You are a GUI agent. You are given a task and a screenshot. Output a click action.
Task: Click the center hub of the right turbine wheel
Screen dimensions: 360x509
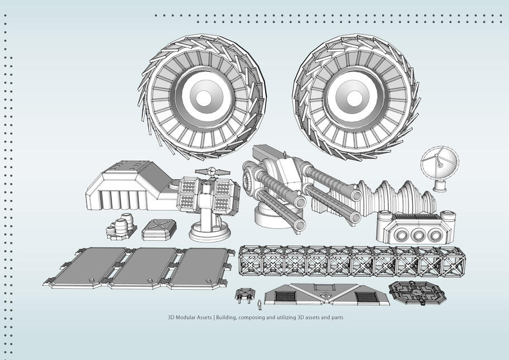(x=354, y=98)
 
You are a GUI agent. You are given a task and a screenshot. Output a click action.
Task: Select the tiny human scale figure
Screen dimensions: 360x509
(x=259, y=305)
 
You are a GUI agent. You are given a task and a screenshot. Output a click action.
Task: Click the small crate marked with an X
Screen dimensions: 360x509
(x=160, y=228)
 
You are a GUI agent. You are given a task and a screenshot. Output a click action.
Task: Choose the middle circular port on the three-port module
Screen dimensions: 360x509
(x=417, y=235)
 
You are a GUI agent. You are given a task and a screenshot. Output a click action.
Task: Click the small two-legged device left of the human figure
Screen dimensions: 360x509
(x=244, y=295)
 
